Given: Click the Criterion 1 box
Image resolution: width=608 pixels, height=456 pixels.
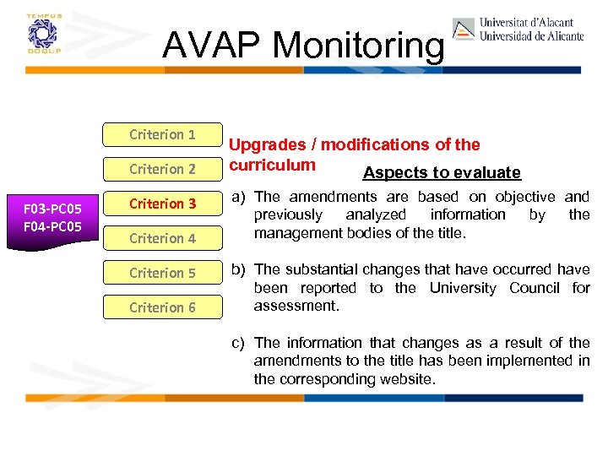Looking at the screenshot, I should [x=162, y=134].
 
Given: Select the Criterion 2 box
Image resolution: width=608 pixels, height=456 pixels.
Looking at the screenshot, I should [x=162, y=169].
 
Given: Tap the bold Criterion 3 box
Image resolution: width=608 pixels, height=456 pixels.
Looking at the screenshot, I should [x=162, y=204].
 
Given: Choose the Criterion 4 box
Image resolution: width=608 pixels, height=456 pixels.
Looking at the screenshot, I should [x=162, y=238].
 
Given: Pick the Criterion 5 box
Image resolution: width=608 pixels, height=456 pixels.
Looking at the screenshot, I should [x=162, y=273].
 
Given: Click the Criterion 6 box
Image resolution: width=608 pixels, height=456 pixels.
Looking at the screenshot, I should [x=162, y=307].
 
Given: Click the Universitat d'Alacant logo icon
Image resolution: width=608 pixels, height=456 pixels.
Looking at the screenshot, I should [x=464, y=30].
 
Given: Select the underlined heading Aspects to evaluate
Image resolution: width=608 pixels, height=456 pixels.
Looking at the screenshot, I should [x=442, y=173].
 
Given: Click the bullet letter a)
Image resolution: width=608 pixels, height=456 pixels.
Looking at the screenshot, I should [x=239, y=197].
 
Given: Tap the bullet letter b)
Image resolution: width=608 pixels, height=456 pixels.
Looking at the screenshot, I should [x=239, y=269].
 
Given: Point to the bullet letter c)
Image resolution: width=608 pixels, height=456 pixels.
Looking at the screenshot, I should [x=239, y=343].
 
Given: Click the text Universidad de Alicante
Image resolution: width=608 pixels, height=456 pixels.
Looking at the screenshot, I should [x=531, y=36].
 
